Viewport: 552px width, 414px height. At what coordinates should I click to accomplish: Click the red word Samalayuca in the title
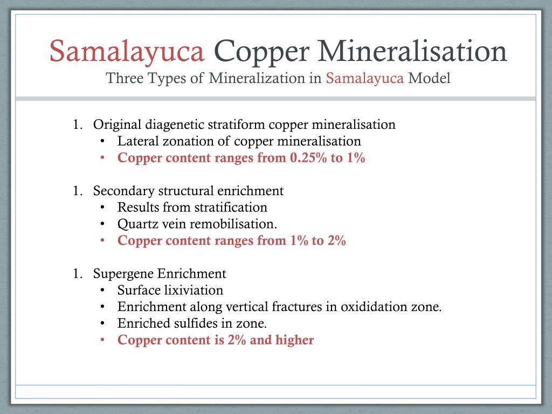click(127, 52)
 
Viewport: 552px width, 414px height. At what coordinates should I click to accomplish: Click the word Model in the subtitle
click(429, 78)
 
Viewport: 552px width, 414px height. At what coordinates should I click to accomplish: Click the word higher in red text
click(294, 340)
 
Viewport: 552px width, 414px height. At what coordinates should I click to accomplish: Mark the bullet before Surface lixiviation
click(103, 291)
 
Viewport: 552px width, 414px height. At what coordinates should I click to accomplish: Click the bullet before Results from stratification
click(103, 208)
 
